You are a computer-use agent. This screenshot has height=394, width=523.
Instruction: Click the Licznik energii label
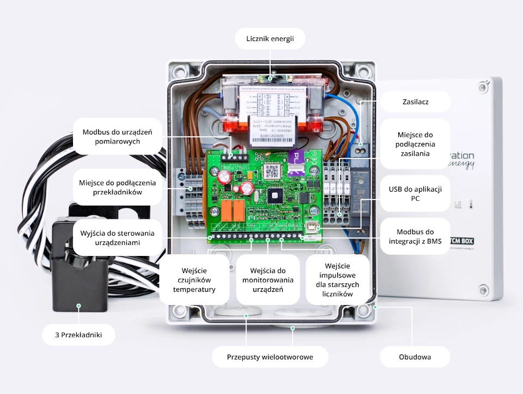270,38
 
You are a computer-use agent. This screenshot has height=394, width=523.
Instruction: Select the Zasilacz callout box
415,102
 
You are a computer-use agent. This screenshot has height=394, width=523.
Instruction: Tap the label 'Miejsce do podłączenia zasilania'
415,144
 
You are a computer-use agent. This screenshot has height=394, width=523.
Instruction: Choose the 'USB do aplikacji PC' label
415,194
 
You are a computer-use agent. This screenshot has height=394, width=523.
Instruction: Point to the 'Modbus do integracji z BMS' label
415,236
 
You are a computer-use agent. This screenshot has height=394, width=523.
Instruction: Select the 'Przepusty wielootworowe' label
270,357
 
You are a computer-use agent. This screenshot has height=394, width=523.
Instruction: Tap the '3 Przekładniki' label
78,335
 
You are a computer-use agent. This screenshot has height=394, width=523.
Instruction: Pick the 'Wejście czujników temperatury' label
194,279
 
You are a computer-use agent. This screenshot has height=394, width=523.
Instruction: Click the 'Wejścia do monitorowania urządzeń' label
267,279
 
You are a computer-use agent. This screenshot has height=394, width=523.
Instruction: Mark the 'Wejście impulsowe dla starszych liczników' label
337,279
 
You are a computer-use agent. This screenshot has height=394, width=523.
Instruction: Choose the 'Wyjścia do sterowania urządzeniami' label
117,237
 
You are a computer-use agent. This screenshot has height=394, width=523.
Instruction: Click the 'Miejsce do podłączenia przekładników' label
117,187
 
